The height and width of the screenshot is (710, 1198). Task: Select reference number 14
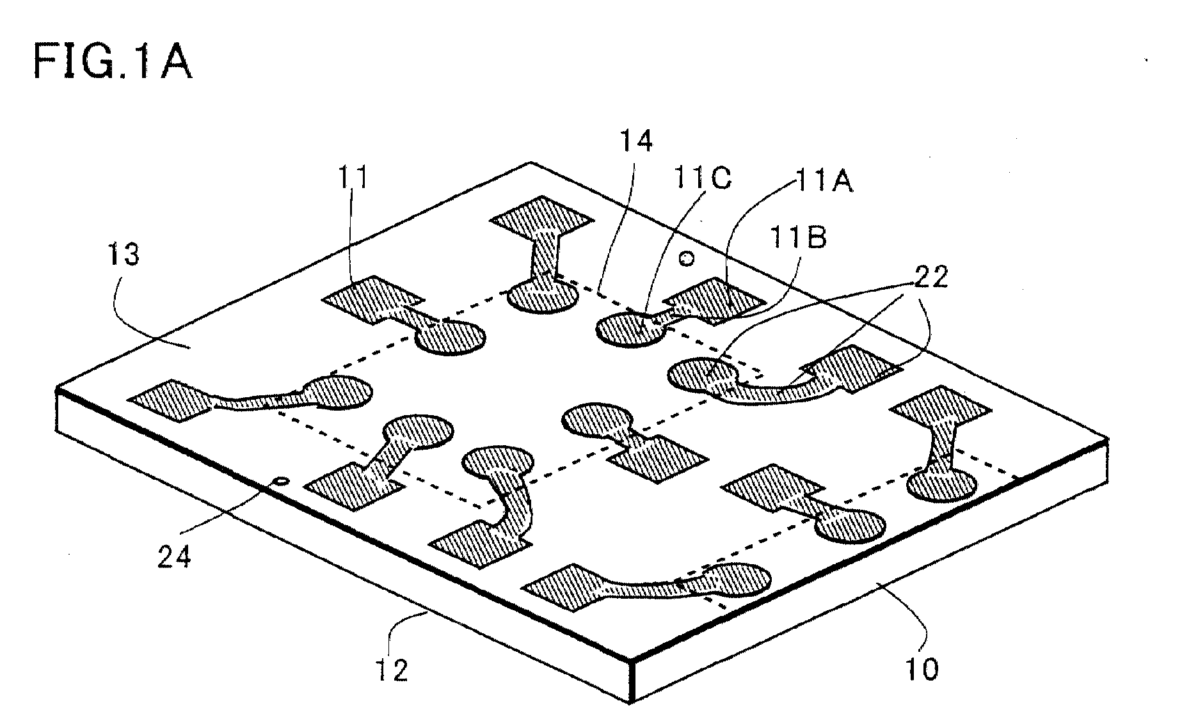pos(636,140)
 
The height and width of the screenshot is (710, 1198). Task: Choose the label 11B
pos(797,237)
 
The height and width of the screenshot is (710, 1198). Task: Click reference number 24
pos(174,557)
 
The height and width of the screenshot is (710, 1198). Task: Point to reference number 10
pos(921,668)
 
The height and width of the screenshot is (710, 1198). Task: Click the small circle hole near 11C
pos(686,259)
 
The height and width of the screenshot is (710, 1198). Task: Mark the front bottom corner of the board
pos(634,702)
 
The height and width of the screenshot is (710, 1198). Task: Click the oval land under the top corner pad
pos(543,296)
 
